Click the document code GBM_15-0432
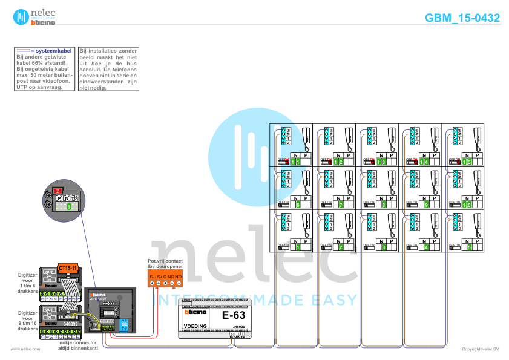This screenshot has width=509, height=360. pos(462,18)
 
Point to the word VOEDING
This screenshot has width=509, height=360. pos(195,326)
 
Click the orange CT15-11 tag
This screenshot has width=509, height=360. pos(68,267)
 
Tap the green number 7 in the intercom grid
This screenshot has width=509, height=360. pos(341,205)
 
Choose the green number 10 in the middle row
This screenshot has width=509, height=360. pos(467,205)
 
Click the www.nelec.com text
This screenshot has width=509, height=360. pos(25,349)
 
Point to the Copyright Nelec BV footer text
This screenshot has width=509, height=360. pos(480,349)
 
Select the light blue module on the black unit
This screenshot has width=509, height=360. pos(123,326)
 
